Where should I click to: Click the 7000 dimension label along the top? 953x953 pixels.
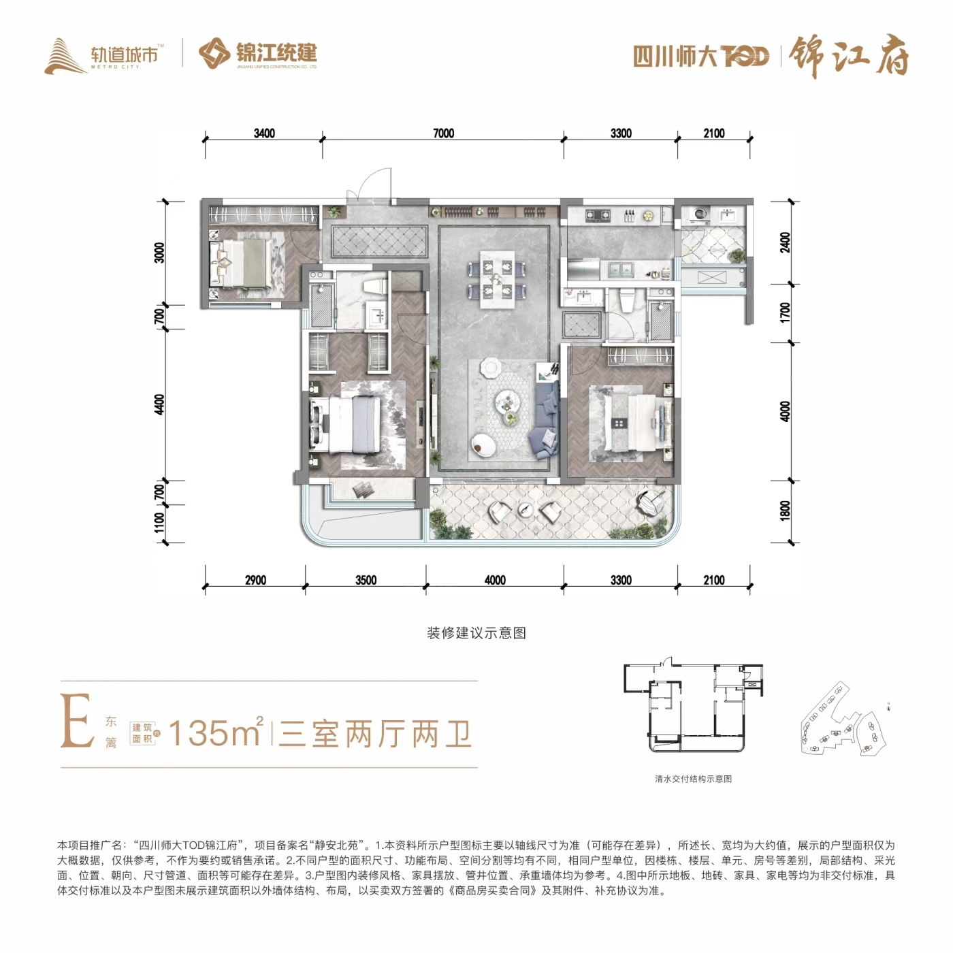[443, 133]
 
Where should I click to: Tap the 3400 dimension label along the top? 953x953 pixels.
[264, 133]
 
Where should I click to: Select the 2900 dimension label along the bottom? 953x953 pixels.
[255, 580]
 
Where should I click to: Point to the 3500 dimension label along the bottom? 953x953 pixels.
[366, 580]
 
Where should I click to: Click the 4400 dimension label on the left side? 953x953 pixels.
[159, 404]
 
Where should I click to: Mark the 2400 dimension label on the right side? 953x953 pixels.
[785, 242]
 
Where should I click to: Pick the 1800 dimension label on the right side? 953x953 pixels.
[785, 511]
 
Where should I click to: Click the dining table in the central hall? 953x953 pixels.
[497, 279]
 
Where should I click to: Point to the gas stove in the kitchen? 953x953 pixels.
[598, 216]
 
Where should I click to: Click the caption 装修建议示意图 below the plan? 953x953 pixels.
[476, 634]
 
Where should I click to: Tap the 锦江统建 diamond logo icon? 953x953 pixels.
[214, 53]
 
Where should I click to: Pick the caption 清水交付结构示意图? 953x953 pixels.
[693, 779]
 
